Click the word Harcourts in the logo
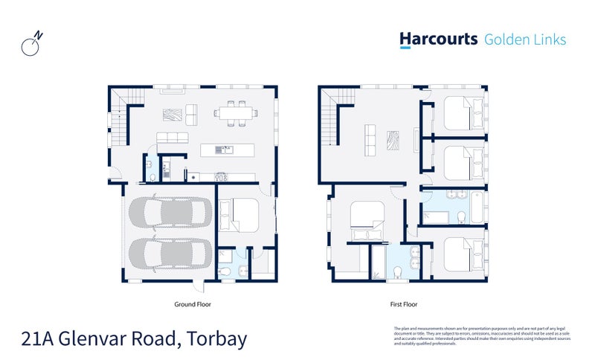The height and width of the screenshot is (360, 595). pyautogui.click(x=438, y=39)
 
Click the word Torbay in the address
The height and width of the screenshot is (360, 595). pyautogui.click(x=213, y=339)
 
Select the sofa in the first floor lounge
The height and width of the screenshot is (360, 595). pyautogui.click(x=368, y=139)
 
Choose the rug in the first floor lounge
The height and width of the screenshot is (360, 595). pyautogui.click(x=392, y=139)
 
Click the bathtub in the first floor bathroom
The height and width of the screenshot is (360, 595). pyautogui.click(x=441, y=216)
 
